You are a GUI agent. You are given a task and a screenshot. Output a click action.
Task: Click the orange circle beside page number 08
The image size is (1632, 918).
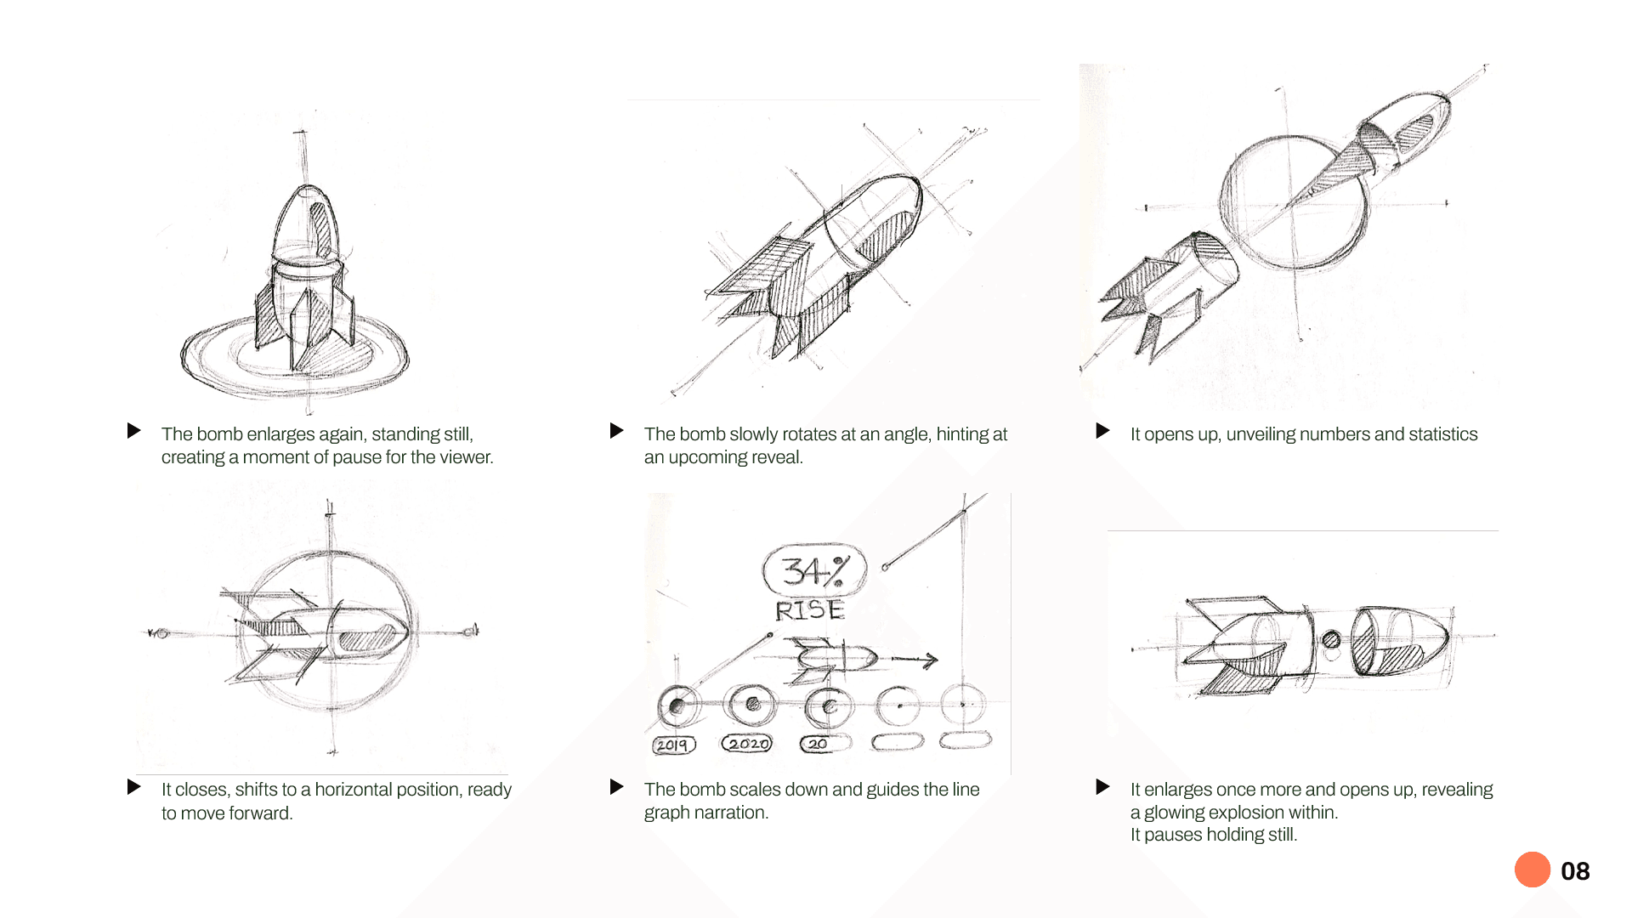(x=1533, y=870)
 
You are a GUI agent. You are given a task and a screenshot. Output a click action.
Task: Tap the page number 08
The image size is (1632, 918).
(x=1575, y=871)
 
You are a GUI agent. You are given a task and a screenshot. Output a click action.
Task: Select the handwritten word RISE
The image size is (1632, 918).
(x=809, y=610)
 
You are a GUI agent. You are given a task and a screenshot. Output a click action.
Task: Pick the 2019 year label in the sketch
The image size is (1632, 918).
(x=673, y=745)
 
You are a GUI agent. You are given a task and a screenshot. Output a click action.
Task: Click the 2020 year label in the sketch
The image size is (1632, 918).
(x=747, y=744)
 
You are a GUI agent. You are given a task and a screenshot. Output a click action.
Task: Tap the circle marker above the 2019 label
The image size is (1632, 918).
(x=678, y=705)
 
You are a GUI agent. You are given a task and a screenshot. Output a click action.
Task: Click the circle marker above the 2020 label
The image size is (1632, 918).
(x=751, y=704)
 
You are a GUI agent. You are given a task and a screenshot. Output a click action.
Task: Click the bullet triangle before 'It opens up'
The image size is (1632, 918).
(x=1102, y=431)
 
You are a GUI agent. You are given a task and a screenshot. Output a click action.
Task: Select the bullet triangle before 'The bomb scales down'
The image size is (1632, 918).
(x=616, y=787)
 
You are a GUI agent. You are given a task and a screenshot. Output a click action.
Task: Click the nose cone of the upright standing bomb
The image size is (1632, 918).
(x=308, y=223)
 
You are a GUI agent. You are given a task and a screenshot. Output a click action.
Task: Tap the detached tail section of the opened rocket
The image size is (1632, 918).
(x=1167, y=293)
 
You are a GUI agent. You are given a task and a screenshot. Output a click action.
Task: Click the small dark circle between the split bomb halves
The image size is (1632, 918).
(x=1331, y=639)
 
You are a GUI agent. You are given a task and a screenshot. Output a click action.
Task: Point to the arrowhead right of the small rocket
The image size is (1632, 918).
(x=931, y=660)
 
